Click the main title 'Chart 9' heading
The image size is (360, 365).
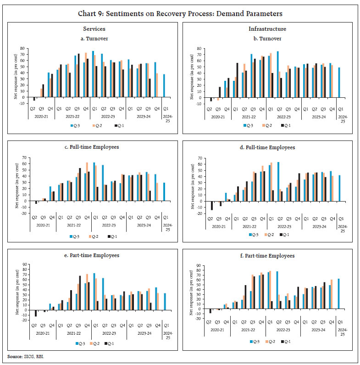[180, 13]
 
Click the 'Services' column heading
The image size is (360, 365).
[91, 29]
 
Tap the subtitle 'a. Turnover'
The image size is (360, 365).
[91, 38]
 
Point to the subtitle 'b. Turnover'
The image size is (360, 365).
[268, 38]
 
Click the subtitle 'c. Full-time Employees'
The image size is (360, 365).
[91, 147]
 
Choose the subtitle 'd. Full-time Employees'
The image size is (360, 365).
[268, 147]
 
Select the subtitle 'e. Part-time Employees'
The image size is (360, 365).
[91, 255]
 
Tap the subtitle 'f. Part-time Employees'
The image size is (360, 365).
[268, 255]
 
